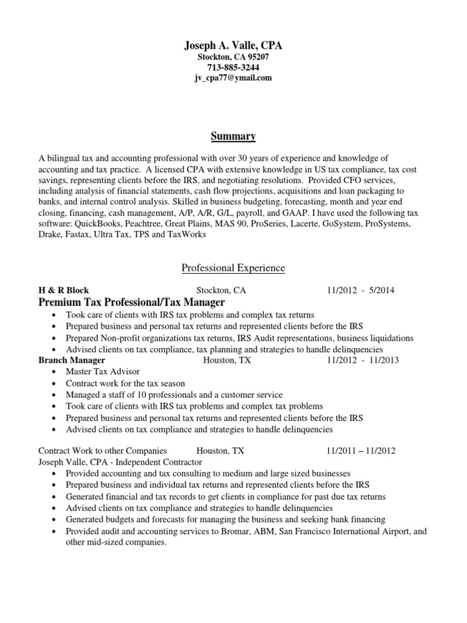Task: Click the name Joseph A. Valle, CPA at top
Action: [x=233, y=46]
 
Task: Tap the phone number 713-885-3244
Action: [x=233, y=68]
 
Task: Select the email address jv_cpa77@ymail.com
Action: [x=233, y=78]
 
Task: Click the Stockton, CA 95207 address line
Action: [x=233, y=57]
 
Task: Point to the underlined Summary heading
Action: [x=233, y=136]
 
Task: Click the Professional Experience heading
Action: [x=233, y=268]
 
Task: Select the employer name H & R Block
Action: [x=63, y=290]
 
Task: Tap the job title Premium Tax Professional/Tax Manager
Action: [x=131, y=302]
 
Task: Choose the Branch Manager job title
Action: [x=71, y=360]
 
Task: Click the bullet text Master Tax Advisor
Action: [x=102, y=372]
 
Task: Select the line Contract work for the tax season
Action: [x=125, y=384]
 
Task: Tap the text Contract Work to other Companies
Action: [x=102, y=451]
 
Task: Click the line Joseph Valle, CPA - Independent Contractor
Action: [x=120, y=462]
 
